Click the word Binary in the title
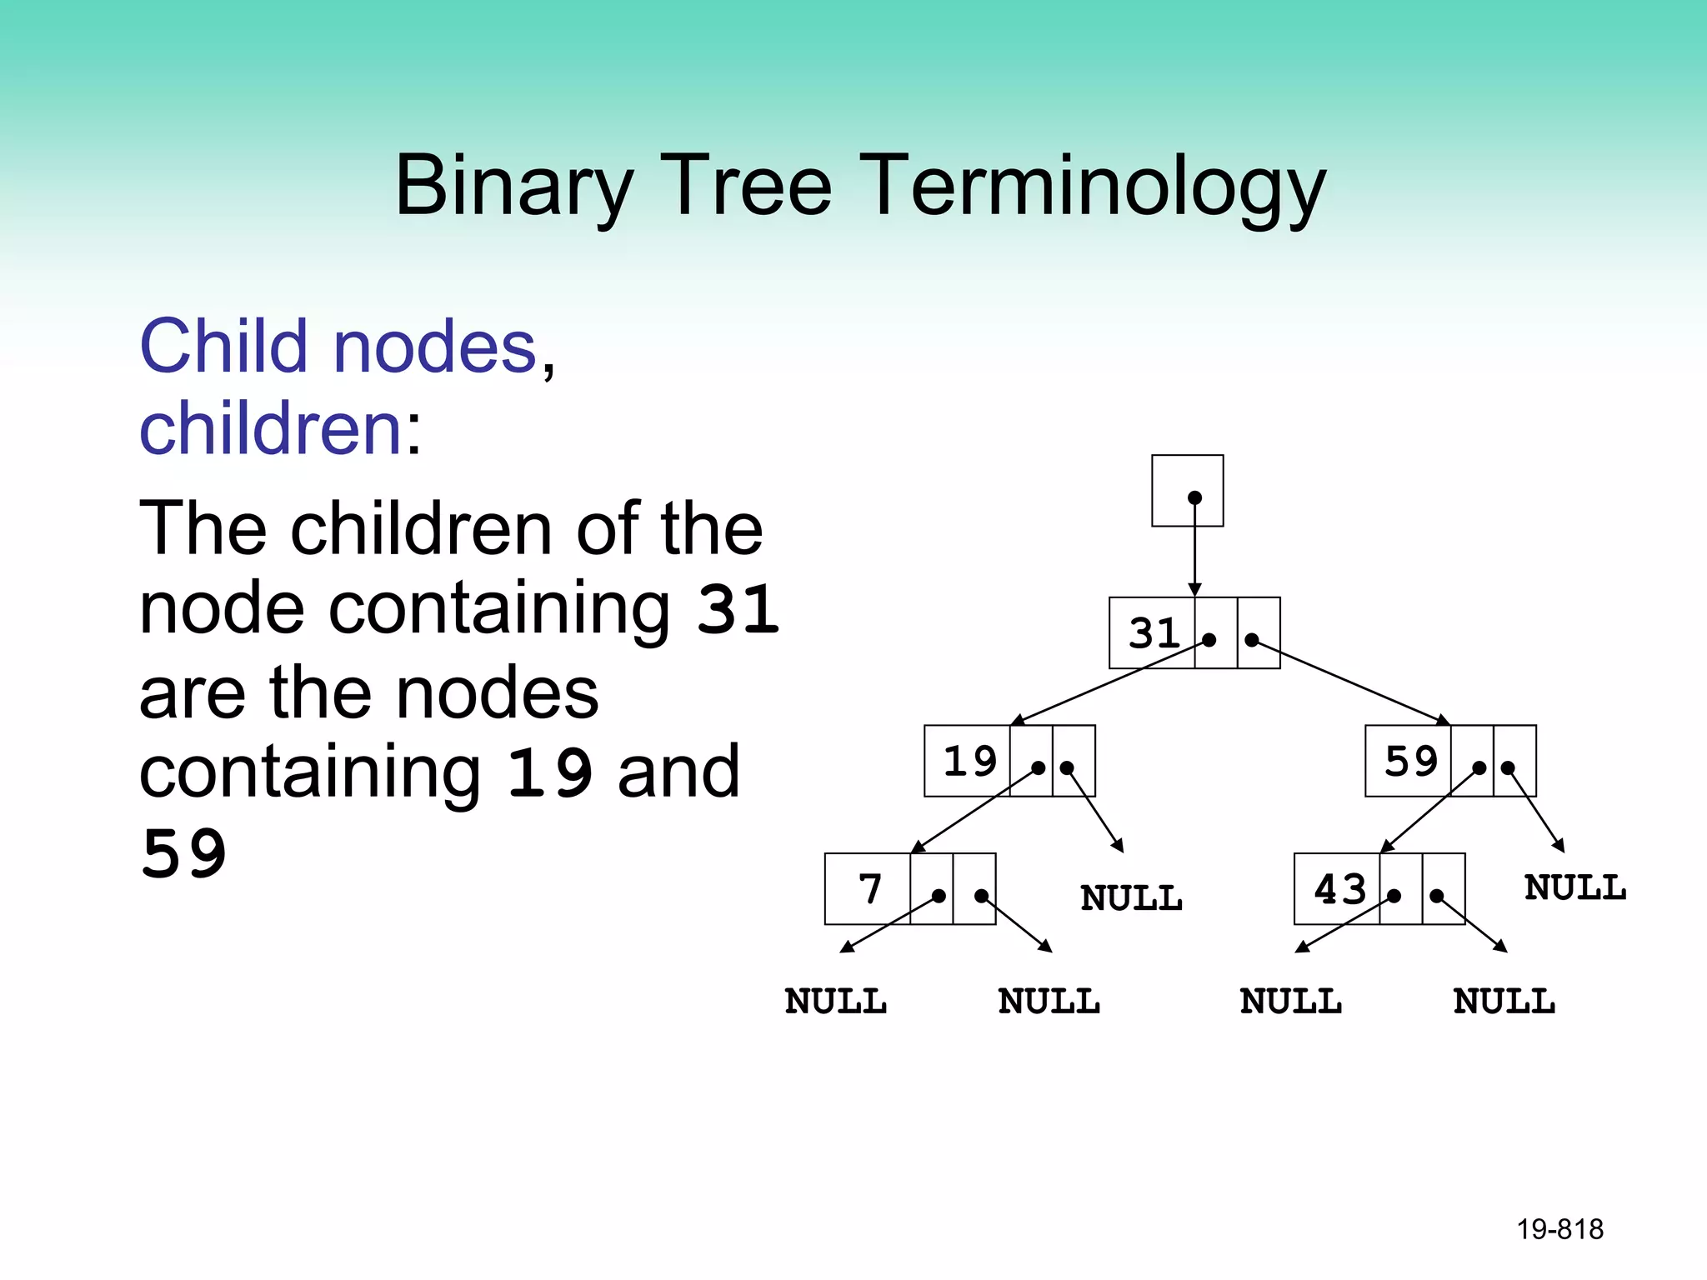(513, 187)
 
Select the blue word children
(272, 428)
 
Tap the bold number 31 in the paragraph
(737, 610)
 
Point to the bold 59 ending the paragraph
(183, 855)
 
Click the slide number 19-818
(1559, 1229)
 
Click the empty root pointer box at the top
(1187, 490)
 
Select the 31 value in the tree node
(1154, 633)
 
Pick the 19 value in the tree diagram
(969, 762)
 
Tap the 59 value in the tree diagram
(1410, 762)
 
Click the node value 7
(869, 889)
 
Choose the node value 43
(1339, 889)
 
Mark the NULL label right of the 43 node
(1574, 888)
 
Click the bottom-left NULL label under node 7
(835, 1002)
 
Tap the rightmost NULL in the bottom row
(1504, 1002)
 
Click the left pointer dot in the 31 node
(1209, 640)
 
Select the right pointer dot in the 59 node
(1508, 768)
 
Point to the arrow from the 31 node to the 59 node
(1350, 682)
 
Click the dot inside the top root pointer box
(1194, 497)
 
